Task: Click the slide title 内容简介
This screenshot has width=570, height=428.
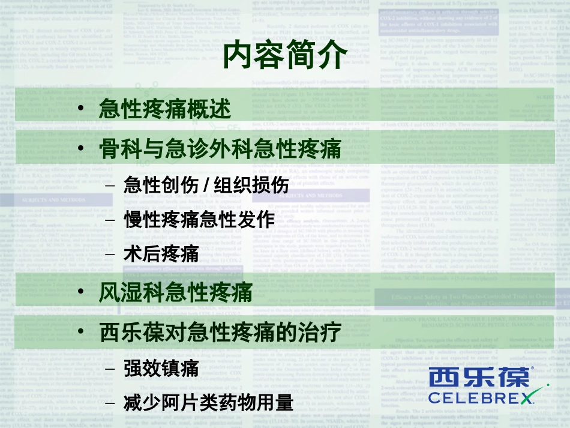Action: (284, 55)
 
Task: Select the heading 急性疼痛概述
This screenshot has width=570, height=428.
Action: (164, 110)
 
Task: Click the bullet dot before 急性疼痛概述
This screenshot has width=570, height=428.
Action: (82, 110)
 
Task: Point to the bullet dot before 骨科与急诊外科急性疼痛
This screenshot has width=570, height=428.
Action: (82, 148)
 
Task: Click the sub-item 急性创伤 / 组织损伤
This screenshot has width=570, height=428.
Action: (206, 185)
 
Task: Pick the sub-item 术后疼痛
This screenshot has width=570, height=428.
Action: (161, 254)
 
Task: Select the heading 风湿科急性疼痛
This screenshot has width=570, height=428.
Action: (175, 293)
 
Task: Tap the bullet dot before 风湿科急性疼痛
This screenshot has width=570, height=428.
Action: (82, 293)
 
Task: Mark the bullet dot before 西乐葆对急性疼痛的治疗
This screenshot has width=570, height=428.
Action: (82, 331)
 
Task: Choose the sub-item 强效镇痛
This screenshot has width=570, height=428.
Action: (161, 367)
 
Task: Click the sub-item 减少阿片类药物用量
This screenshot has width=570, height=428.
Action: (208, 402)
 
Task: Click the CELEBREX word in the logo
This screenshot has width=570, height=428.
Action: (481, 397)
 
